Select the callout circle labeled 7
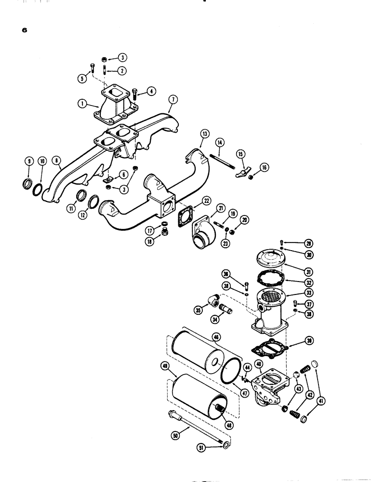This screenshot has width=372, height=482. point(172,100)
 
